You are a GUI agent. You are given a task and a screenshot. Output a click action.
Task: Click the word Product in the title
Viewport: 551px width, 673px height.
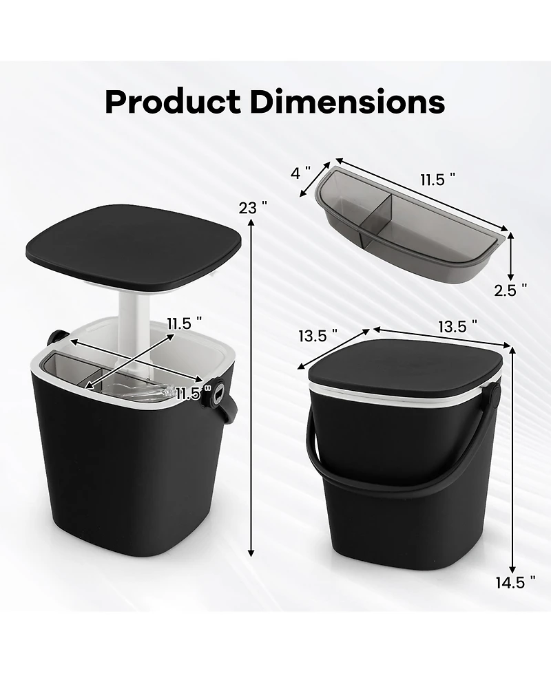(172, 102)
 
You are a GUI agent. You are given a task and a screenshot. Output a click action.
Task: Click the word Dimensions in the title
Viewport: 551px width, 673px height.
(346, 102)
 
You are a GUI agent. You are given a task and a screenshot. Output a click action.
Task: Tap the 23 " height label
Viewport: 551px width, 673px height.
(253, 207)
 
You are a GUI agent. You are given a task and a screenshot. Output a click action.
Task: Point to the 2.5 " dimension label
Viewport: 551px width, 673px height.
(510, 290)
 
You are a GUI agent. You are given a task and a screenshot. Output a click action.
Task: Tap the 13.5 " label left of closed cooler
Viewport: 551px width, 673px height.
(318, 336)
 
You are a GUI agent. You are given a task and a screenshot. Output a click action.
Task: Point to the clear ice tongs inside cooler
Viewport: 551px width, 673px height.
(148, 392)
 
